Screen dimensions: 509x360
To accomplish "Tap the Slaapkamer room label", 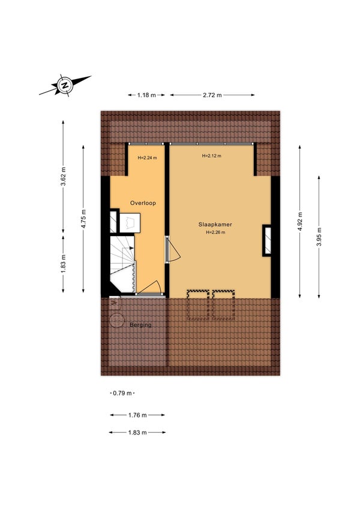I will pyautogui.click(x=215, y=224).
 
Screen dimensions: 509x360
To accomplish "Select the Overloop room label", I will pyautogui.click(x=143, y=203).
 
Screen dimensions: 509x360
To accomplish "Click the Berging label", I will pyautogui.click(x=140, y=325).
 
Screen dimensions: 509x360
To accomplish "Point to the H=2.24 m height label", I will pyautogui.click(x=147, y=158).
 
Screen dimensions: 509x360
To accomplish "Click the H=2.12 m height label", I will pyautogui.click(x=211, y=156).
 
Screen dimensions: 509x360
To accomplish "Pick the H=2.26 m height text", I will pyautogui.click(x=215, y=233).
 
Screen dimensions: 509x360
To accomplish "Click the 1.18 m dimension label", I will pyautogui.click(x=146, y=95).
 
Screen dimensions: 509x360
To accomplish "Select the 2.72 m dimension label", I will pyautogui.click(x=212, y=95).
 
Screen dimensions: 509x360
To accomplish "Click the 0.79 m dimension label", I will pyautogui.click(x=122, y=393).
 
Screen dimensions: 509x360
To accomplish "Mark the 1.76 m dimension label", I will pyautogui.click(x=137, y=415).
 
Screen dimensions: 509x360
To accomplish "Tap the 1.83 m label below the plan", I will pyautogui.click(x=137, y=432).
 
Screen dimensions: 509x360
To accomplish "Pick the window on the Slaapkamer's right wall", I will pyautogui.click(x=267, y=240).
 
